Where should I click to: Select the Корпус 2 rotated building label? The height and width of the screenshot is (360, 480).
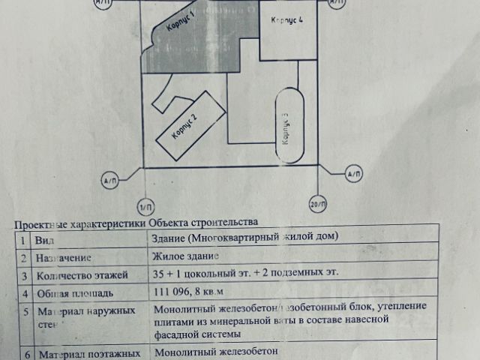pos(184,126)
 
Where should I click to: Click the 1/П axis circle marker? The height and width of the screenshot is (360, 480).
pos(145,206)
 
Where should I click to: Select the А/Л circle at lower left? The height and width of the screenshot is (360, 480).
pos(109,181)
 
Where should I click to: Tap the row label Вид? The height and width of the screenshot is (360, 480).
pos(44,241)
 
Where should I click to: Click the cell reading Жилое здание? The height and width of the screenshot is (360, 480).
pos(186,256)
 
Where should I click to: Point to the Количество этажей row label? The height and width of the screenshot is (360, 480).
pos(82,274)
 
